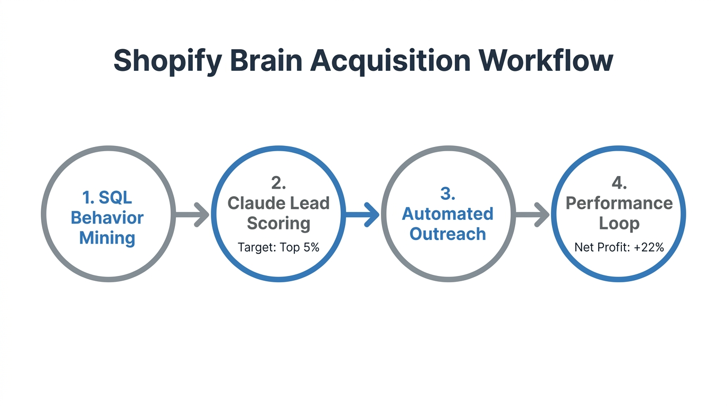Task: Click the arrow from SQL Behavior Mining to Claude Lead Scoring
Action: point(192,214)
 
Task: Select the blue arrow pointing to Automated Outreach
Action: point(362,214)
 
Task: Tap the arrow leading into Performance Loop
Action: point(533,214)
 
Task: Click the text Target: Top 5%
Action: point(278,247)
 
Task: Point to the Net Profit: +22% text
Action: point(619,247)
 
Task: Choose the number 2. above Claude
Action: point(278,183)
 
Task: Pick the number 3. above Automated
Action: point(448,194)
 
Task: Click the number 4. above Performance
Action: point(619,183)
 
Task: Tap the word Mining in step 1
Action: point(107,238)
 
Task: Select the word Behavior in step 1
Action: point(107,218)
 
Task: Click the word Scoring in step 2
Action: point(278,223)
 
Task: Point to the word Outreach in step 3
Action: point(448,234)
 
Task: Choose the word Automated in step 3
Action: point(448,214)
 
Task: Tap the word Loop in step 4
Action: point(619,223)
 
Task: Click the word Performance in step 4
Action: point(619,203)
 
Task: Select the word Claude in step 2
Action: point(253,203)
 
